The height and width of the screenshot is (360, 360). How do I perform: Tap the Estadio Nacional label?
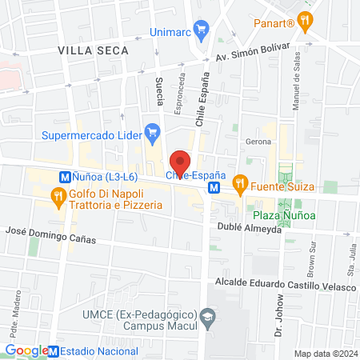(x=99, y=350)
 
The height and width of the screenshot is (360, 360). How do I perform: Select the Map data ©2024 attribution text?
(x=325, y=354)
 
